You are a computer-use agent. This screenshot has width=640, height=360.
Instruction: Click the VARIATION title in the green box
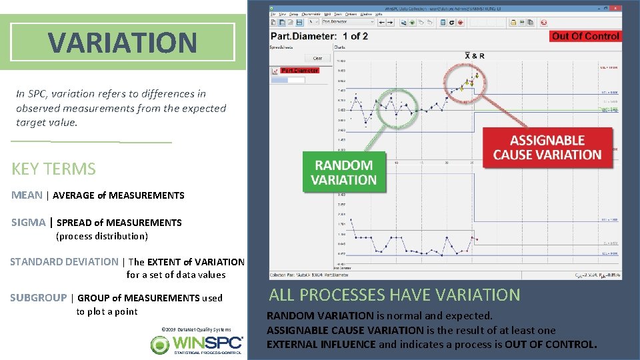coord(123,43)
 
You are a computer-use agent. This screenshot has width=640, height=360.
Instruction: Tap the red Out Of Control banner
coord(585,36)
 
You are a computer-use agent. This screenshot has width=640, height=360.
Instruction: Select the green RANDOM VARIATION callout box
coord(344,173)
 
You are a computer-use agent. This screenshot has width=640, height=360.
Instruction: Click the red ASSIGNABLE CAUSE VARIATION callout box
coord(547,147)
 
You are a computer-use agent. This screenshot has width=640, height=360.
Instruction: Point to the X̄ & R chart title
coord(474,55)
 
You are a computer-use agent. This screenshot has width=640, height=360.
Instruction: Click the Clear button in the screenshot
coord(317,58)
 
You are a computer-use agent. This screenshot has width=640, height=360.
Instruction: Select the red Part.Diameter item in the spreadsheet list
coord(299,70)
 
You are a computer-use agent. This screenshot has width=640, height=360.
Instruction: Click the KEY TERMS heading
coord(53,169)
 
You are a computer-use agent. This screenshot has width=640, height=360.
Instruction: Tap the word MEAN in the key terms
coord(27,195)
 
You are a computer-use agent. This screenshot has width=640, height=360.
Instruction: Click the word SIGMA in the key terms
coord(29,223)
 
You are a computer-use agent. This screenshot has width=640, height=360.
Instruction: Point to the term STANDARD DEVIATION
coord(64,262)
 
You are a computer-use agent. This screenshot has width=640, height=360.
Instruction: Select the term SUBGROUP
coord(38,298)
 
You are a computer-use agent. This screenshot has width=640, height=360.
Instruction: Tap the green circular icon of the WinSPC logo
coord(160,345)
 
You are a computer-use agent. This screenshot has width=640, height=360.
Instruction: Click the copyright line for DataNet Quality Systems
coord(196,329)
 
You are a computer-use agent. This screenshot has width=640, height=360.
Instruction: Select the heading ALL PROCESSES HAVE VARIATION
coord(394,295)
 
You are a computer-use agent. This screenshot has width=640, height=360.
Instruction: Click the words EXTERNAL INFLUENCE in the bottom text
coord(321,345)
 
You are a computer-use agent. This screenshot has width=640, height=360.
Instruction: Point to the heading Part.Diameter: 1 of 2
coord(319,36)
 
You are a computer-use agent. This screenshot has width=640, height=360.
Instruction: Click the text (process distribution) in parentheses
coord(102,236)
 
